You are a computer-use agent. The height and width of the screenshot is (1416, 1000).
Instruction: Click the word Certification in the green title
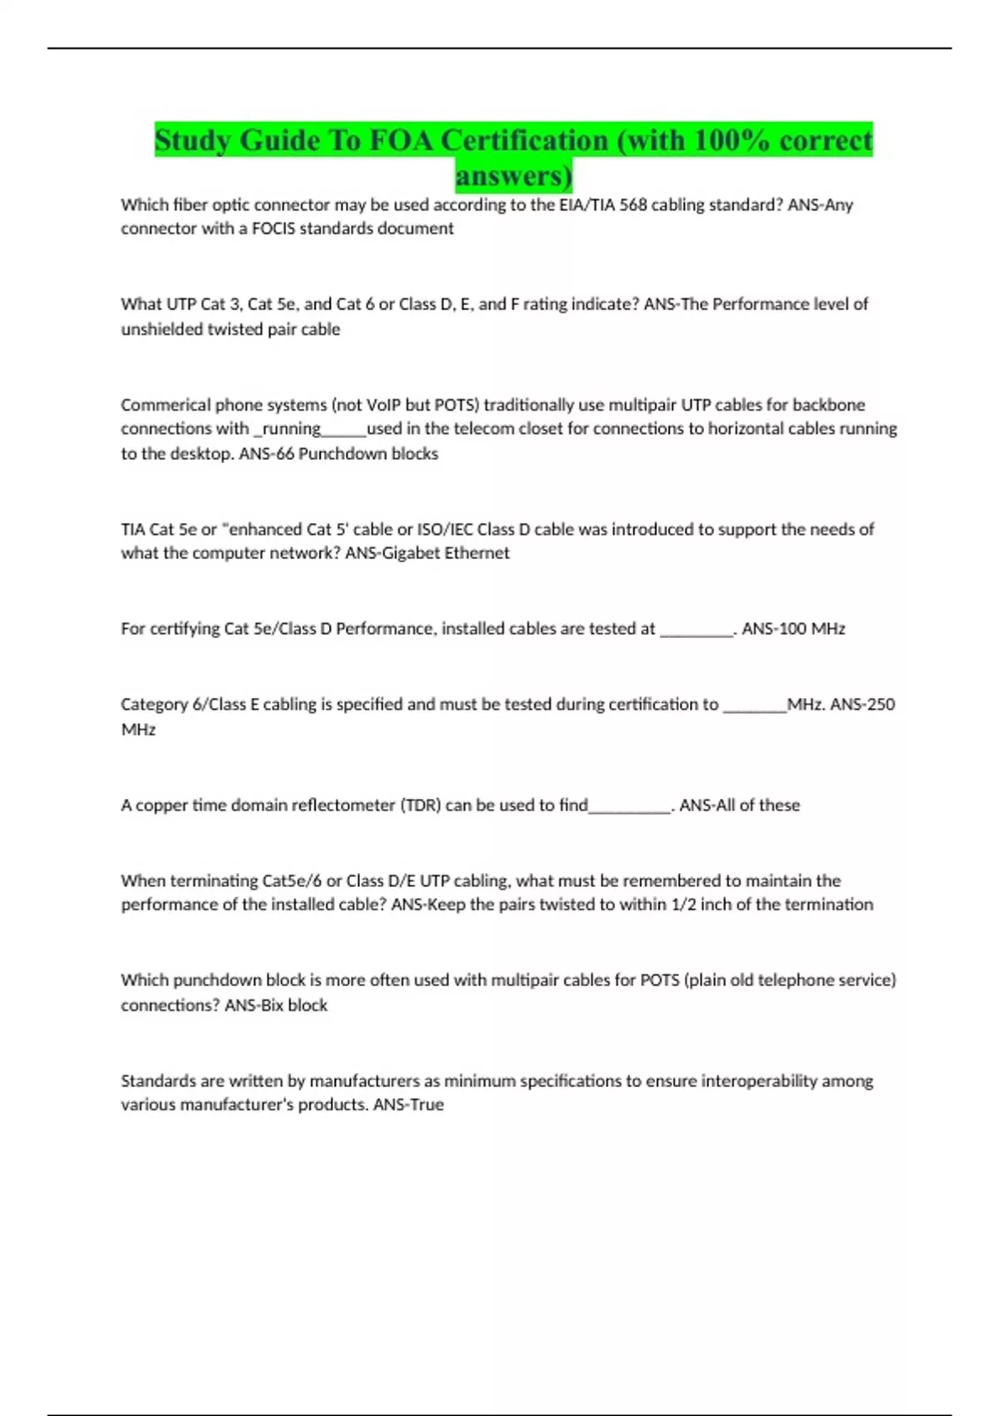pos(524,140)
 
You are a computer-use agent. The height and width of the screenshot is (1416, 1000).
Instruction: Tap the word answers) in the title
pos(513,176)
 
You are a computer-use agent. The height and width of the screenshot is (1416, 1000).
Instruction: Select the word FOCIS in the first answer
pos(273,229)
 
